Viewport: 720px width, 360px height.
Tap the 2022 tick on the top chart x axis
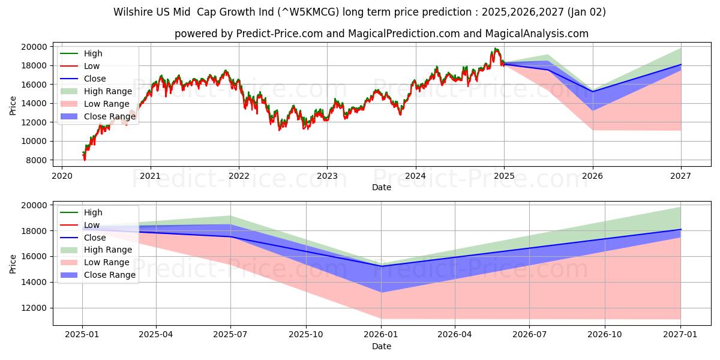pos(239,176)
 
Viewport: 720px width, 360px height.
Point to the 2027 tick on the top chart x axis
pos(681,176)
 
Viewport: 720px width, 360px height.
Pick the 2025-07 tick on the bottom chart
pos(231,334)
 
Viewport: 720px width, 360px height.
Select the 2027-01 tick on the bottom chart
pos(681,334)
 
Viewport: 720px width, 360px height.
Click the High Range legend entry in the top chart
pos(107,91)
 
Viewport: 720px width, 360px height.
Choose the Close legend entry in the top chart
pos(95,79)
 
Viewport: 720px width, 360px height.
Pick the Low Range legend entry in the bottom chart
pos(106,262)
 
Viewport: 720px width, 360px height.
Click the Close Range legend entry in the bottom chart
pos(109,275)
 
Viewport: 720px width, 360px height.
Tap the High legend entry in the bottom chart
pos(93,212)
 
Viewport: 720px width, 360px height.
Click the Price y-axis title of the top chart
pos(13,106)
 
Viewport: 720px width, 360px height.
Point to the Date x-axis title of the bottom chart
pos(382,346)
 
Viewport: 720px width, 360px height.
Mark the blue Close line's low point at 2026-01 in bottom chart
pos(382,266)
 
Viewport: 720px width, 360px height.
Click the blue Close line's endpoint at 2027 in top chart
pos(681,64)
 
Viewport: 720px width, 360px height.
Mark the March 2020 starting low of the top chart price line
pos(85,160)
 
